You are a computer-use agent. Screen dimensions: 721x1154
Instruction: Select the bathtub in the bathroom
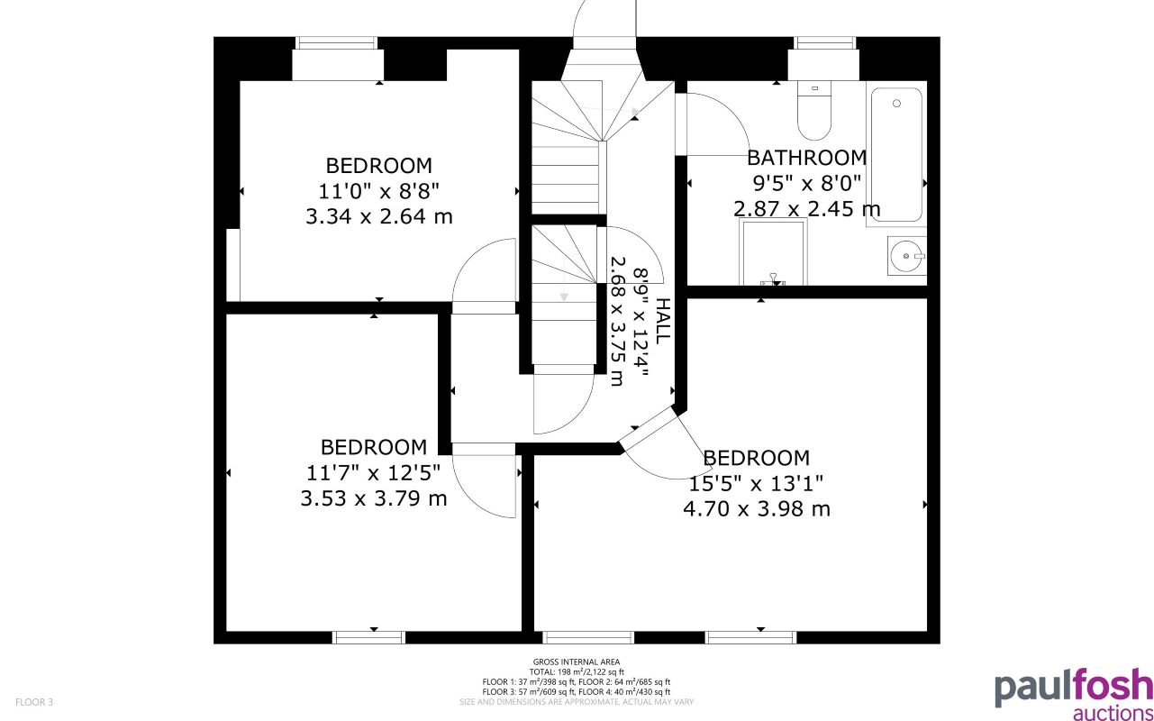coord(896,154)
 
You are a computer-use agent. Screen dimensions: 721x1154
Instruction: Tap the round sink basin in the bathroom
coord(904,257)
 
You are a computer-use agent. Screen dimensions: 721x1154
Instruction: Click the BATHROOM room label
coord(807,158)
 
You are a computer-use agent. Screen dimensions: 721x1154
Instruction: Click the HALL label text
coord(662,321)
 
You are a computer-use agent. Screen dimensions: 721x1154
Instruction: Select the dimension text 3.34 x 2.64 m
coord(379,216)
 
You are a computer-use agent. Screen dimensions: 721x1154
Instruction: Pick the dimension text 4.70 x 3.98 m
coord(757,508)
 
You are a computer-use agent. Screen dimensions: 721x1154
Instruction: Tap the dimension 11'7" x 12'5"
coord(374,472)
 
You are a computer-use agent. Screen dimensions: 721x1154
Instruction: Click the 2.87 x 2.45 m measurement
coord(807,209)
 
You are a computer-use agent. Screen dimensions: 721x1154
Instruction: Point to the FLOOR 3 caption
coord(34,701)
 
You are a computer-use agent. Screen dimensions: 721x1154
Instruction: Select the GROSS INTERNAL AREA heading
coord(577,662)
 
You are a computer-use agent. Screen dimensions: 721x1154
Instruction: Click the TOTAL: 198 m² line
coord(577,671)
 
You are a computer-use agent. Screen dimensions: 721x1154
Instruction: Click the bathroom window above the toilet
coord(823,42)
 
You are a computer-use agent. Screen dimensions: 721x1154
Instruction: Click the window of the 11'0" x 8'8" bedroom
coord(336,42)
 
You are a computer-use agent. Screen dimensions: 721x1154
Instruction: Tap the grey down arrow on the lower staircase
coord(564,297)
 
